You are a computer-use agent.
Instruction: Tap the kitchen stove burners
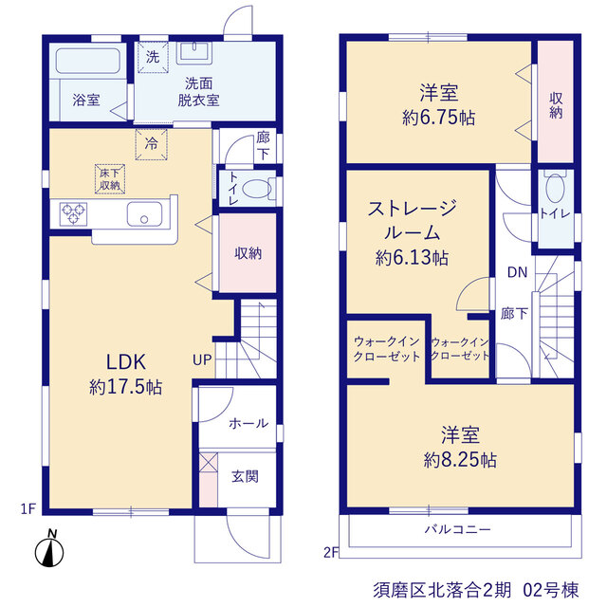coord(73,214)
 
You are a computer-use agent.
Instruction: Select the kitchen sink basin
coord(144,213)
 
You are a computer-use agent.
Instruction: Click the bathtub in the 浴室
coord(87,61)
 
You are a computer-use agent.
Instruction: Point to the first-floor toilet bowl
coord(257,190)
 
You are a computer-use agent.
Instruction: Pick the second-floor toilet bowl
coord(555,188)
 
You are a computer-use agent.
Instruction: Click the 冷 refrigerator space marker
coord(152,144)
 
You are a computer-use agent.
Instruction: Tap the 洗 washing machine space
coord(153,57)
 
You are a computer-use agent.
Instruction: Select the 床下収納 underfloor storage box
coord(110,179)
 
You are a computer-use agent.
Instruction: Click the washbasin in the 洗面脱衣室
coord(194,53)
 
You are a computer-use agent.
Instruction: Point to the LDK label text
coord(126,362)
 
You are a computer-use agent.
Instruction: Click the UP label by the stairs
coord(202,360)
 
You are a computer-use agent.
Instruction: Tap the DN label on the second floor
coord(518,272)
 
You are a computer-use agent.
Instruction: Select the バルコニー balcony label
coord(458,529)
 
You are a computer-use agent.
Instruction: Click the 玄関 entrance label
coord(245,476)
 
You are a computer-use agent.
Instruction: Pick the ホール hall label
coord(248,423)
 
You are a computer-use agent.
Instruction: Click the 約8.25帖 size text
coord(460,460)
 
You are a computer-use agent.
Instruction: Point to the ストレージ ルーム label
coord(413,221)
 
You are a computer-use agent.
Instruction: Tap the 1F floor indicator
coord(28,508)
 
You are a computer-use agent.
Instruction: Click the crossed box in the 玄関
coord(209,462)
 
